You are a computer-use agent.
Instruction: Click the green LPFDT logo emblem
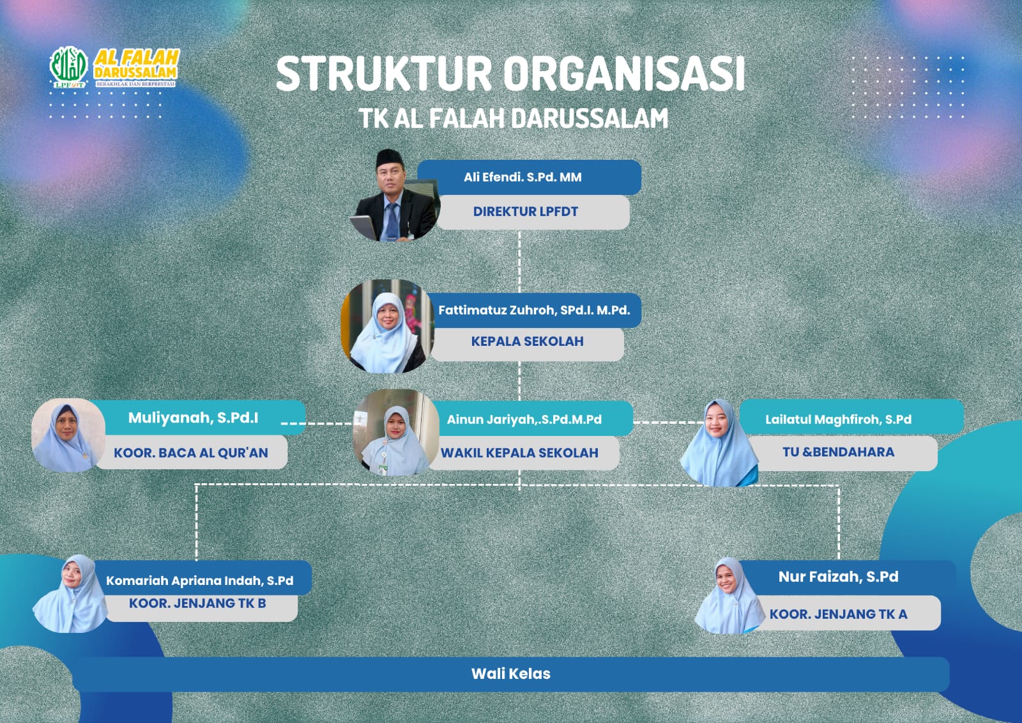pyautogui.click(x=68, y=66)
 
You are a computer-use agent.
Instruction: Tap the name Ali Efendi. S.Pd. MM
pyautogui.click(x=522, y=177)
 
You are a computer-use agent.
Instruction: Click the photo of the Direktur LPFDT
pyautogui.click(x=396, y=195)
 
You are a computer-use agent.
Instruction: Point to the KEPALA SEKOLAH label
pyautogui.click(x=527, y=341)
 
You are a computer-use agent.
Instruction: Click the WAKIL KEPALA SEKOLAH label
pyautogui.click(x=519, y=453)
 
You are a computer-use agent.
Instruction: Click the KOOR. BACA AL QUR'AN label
pyautogui.click(x=191, y=453)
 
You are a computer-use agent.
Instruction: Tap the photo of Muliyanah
pyautogui.click(x=68, y=435)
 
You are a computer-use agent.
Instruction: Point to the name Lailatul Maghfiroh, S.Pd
pyautogui.click(x=838, y=419)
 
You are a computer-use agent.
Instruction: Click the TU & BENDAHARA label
pyautogui.click(x=838, y=452)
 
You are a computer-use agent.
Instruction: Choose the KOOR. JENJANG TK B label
pyautogui.click(x=197, y=603)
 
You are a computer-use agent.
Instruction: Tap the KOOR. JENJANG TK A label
pyautogui.click(x=838, y=614)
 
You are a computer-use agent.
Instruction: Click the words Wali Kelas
pyautogui.click(x=510, y=674)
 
